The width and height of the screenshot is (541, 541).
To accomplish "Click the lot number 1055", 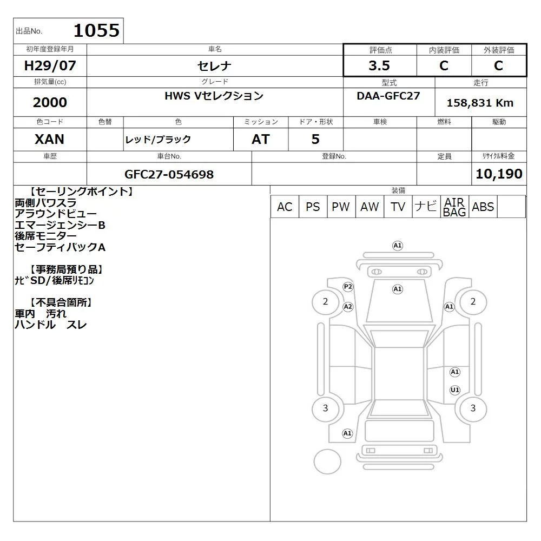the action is pyautogui.click(x=97, y=30).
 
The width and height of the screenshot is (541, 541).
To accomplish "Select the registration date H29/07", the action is pyautogui.click(x=50, y=65).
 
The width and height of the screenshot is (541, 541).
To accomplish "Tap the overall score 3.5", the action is pyautogui.click(x=379, y=65).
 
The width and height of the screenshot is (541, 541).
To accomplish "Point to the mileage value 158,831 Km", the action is pyautogui.click(x=480, y=103).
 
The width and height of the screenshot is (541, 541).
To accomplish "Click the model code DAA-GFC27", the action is pyautogui.click(x=388, y=96).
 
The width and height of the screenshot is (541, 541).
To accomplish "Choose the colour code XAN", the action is pyautogui.click(x=50, y=139).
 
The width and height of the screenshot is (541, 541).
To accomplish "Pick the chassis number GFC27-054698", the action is pyautogui.click(x=169, y=174).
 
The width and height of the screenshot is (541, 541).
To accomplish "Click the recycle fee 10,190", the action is pyautogui.click(x=499, y=174).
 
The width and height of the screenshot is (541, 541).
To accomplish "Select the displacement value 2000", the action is pyautogui.click(x=50, y=102).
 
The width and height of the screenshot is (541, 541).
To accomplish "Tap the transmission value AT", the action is pyautogui.click(x=261, y=139).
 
